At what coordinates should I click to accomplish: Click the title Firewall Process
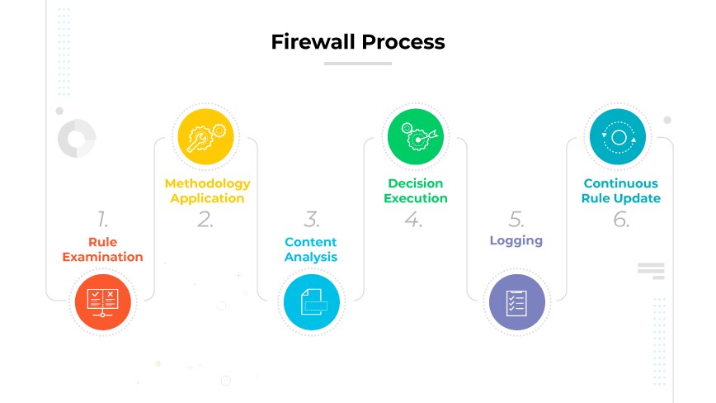[x=357, y=41]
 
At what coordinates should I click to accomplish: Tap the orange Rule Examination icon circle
[x=103, y=302]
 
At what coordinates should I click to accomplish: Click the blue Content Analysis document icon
[x=311, y=302]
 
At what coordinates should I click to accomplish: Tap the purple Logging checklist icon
[x=517, y=302]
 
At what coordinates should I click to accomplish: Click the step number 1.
[x=102, y=220]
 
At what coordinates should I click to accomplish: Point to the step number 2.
[x=205, y=220]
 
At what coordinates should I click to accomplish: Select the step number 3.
[x=311, y=220]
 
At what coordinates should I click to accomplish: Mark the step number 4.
[x=413, y=220]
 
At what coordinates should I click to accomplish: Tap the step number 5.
[x=516, y=220]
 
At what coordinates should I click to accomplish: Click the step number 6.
[x=621, y=220]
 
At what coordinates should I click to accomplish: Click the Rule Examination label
[x=103, y=249]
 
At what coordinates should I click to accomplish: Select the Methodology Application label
[x=207, y=191]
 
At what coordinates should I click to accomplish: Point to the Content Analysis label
[x=311, y=249]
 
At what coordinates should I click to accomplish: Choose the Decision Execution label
[x=416, y=191]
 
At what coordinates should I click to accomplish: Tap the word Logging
[x=516, y=241]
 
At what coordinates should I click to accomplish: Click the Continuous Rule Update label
[x=621, y=191]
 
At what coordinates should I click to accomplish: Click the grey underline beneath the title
[x=357, y=63]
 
